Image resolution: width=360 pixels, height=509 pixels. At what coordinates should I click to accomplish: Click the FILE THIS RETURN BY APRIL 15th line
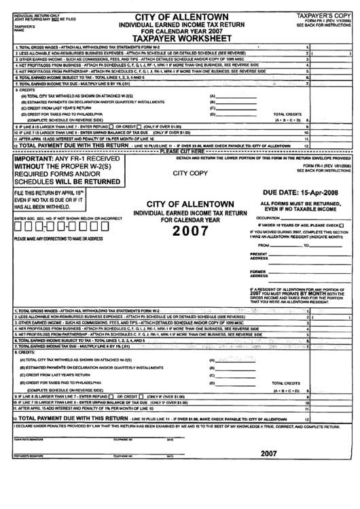[x=54, y=194]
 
